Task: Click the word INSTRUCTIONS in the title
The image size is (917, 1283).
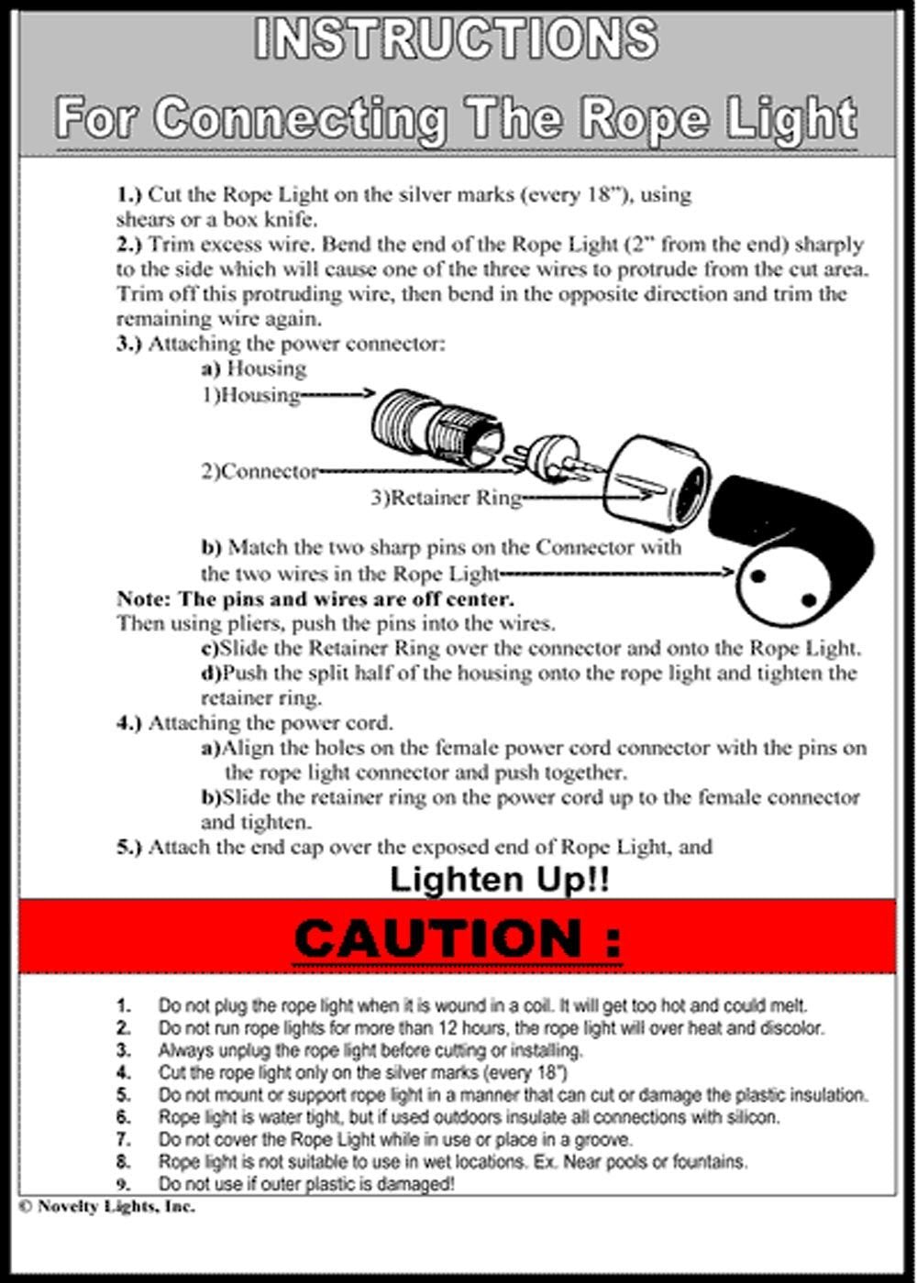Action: (456, 39)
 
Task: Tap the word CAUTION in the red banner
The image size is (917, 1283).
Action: (457, 938)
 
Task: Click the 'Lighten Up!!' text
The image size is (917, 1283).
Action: (500, 880)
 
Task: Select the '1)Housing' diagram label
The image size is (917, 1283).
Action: (251, 395)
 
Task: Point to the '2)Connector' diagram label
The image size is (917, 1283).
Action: (260, 472)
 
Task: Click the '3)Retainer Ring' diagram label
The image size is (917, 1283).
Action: (446, 498)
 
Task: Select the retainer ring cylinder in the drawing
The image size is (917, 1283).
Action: (658, 480)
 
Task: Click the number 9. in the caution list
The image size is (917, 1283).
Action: (124, 1183)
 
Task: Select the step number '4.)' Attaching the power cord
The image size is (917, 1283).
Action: (129, 722)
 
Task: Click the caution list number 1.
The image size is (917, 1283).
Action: (124, 1005)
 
